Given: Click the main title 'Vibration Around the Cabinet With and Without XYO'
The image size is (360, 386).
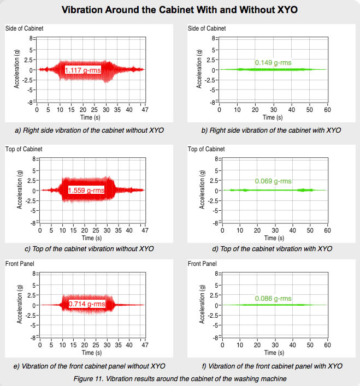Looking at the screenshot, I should point(180,10).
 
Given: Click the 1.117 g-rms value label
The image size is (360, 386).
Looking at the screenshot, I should point(85,70).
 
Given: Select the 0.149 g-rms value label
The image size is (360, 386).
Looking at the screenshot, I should point(273,63).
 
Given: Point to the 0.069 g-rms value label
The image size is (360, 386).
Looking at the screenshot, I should point(273,181).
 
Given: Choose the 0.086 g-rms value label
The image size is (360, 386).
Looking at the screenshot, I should point(273,299).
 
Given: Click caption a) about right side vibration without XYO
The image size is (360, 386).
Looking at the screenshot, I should point(90,130).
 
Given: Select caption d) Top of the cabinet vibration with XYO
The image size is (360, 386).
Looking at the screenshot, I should point(272,249).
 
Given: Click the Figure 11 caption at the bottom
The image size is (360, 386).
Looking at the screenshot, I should point(179,377).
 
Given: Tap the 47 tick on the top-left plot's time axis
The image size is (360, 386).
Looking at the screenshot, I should point(143,109).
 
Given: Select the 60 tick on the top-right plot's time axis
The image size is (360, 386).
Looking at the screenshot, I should point(327,109).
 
